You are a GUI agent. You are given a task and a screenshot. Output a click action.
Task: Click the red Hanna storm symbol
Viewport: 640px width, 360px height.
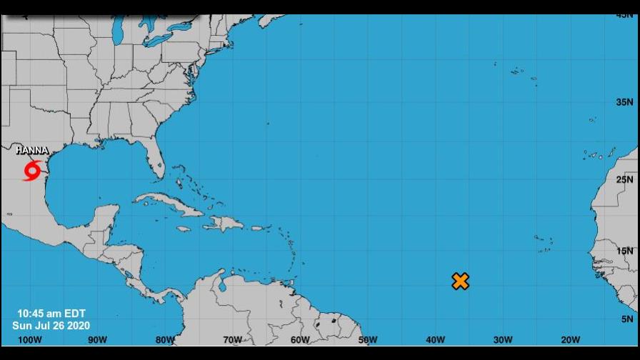pyautogui.click(x=32, y=171)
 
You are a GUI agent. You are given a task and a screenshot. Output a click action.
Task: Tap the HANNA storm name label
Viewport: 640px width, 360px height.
pyautogui.click(x=32, y=151)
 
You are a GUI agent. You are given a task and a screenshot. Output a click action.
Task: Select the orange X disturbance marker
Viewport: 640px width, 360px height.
pyautogui.click(x=461, y=281)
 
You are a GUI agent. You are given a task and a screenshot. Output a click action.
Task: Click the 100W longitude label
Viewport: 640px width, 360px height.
pyautogui.click(x=30, y=340)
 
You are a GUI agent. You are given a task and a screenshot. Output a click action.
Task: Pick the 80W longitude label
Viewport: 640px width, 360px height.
pyautogui.click(x=165, y=340)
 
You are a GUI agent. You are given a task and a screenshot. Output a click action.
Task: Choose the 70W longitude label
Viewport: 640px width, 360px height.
pyautogui.click(x=232, y=340)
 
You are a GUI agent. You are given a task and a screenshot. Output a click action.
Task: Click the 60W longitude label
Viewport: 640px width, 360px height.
pyautogui.click(x=300, y=340)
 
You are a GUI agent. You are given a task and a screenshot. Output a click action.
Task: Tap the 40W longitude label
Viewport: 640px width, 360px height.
pyautogui.click(x=436, y=340)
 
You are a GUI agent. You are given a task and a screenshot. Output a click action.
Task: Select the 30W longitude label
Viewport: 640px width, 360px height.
pyautogui.click(x=503, y=340)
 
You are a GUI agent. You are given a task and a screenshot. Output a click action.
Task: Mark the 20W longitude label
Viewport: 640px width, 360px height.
pyautogui.click(x=570, y=340)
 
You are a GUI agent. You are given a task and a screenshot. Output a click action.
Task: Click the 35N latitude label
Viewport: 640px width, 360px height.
pyautogui.click(x=625, y=102)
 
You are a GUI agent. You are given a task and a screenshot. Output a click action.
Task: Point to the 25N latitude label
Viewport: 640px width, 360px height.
pyautogui.click(x=625, y=179)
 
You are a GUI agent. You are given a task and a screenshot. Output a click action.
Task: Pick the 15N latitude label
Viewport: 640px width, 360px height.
pyautogui.click(x=625, y=251)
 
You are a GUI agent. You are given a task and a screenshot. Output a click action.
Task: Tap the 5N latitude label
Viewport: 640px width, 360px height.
pyautogui.click(x=627, y=319)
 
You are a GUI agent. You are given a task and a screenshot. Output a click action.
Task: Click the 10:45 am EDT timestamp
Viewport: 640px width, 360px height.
pyautogui.click(x=51, y=314)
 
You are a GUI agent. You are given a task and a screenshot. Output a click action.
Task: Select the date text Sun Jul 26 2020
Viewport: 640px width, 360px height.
pyautogui.click(x=51, y=326)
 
